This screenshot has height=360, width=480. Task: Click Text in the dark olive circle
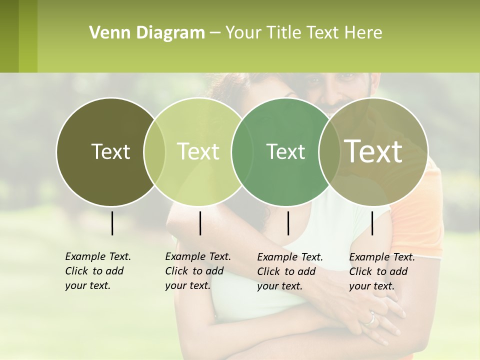pos(110,151)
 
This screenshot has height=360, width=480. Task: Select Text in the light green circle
pos(198,151)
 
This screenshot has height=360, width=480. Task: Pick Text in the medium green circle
pos(285,151)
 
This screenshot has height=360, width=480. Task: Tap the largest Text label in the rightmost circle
pos(373,151)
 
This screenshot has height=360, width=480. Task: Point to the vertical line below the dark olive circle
pos(112,223)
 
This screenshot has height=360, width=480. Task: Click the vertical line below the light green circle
pos(200,223)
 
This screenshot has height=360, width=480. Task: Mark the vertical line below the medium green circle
pos(288,223)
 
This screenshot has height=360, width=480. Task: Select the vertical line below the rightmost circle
pos(372,223)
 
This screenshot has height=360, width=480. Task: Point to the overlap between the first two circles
pos(154,151)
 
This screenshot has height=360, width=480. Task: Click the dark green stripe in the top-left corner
pos(9,36)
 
